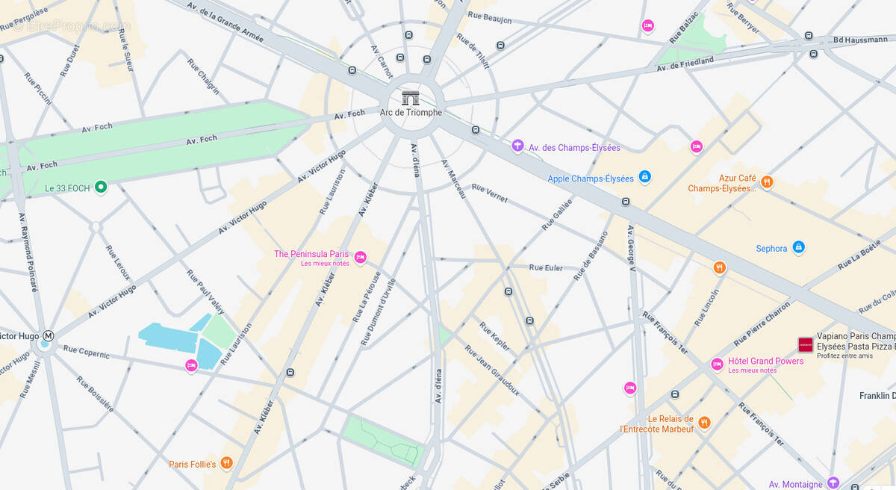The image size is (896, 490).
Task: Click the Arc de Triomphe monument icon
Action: (x=411, y=98)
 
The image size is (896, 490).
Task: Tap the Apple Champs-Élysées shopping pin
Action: (x=645, y=177)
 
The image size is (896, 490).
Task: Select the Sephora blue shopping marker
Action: (x=798, y=247)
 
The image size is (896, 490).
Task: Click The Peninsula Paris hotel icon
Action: (x=360, y=258)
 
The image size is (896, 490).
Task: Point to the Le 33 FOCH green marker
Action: (x=101, y=187)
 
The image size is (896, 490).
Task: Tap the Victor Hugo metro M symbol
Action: (x=49, y=336)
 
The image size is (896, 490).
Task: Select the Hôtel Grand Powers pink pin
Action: (x=717, y=364)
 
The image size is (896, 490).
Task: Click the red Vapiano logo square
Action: (x=805, y=344)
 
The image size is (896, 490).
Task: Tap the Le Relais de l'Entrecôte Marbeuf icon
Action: (x=704, y=423)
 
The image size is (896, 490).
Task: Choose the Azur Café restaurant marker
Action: (x=766, y=182)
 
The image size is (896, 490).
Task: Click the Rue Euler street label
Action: (x=546, y=267)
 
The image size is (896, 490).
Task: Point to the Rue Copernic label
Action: (x=86, y=352)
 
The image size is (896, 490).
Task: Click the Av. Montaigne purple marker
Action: (x=833, y=483)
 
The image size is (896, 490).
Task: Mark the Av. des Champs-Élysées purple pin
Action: (x=517, y=146)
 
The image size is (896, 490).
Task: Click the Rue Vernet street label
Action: (x=490, y=193)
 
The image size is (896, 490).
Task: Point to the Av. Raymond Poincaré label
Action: (x=28, y=252)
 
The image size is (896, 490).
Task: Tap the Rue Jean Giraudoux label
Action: (x=491, y=370)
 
